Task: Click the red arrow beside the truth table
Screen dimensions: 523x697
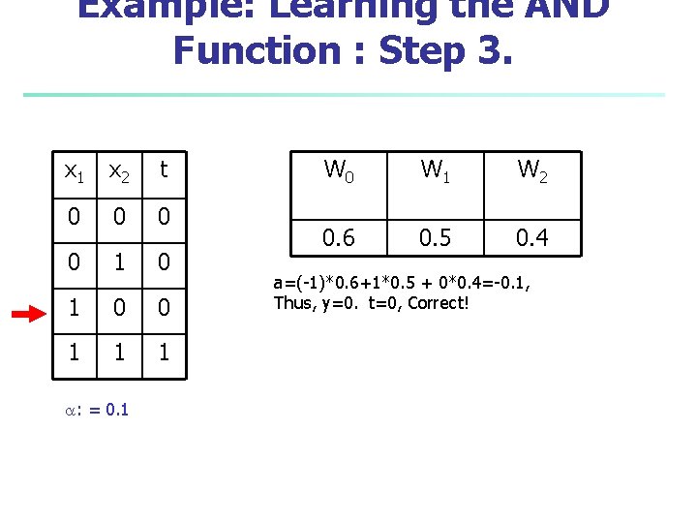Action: click(x=32, y=314)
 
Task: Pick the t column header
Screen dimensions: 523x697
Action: click(x=164, y=169)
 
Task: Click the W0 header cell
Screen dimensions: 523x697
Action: click(x=338, y=170)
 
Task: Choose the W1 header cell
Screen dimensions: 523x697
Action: click(x=435, y=170)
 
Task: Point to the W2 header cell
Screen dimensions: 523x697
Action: click(x=532, y=170)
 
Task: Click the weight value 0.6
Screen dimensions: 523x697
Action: click(x=338, y=237)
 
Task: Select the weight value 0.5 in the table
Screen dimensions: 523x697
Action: click(x=435, y=237)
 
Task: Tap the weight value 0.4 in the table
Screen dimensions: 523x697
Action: click(x=532, y=237)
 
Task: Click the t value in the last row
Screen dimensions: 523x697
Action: click(x=164, y=354)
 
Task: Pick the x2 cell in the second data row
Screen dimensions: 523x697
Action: click(x=118, y=261)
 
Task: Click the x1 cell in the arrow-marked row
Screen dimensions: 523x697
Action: click(x=73, y=308)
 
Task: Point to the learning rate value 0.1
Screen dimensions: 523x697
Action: click(x=117, y=410)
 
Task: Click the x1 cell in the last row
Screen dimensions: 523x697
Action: click(x=73, y=354)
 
